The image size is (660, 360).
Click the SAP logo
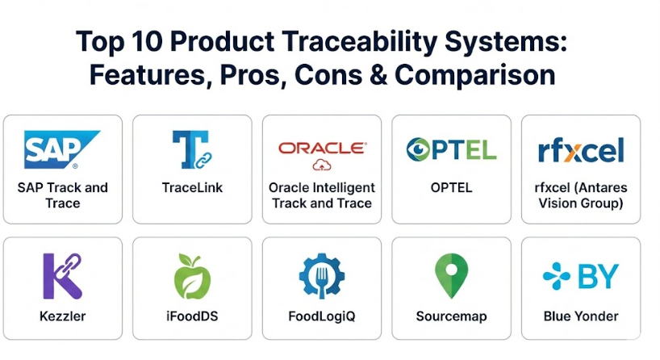pos(62,149)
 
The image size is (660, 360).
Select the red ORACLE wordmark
pos(322,148)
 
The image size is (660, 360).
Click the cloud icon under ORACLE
pos(322,165)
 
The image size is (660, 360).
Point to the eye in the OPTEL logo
pos(418,149)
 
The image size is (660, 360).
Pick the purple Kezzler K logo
pos(63,276)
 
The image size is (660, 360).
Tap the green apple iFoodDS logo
pos(192,276)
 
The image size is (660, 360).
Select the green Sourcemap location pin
pos(451,276)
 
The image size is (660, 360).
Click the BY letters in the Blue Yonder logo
pos(598,276)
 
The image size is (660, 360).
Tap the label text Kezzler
pos(63,316)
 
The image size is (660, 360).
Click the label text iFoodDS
pos(192,316)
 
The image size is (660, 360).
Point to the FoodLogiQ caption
pos(322,316)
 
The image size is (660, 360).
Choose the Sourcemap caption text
pos(451,316)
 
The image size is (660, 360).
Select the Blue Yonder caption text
pos(581,316)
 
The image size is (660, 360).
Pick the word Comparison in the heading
pos(474,76)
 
